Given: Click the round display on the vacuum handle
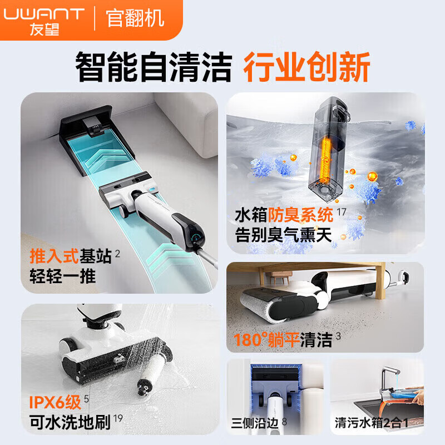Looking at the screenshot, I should tap(196, 237).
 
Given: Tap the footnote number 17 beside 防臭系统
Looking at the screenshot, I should tap(341, 210).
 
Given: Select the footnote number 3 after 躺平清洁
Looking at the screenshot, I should tap(338, 336).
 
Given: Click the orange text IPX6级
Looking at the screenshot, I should tap(51, 401).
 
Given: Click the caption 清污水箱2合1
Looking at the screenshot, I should tap(372, 423).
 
